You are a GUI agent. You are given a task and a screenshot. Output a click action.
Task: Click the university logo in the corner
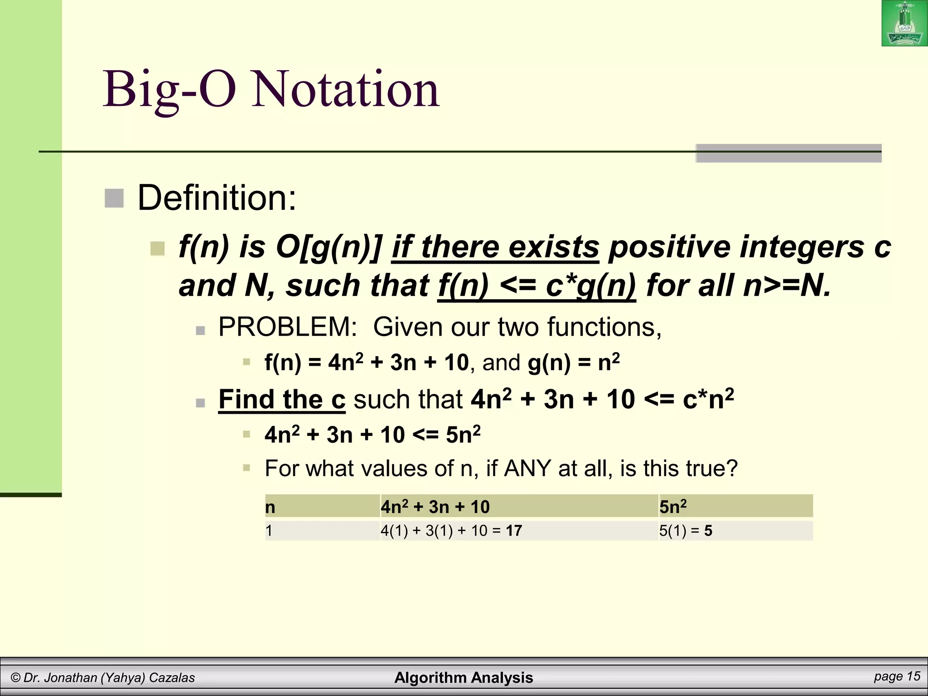coord(904,24)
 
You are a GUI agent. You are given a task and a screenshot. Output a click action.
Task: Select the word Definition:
coord(217,198)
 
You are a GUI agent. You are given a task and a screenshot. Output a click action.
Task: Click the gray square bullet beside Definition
coord(114,198)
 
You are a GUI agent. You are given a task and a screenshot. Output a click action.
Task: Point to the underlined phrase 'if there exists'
coord(495,247)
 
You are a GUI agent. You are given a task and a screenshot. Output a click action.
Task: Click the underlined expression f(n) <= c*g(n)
coord(536,286)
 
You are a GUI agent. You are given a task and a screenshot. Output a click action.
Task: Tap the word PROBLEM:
coord(288,327)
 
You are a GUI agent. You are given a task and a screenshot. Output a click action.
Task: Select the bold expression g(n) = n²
coord(574,362)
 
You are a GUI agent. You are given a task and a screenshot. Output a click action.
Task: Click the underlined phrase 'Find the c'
coord(282,400)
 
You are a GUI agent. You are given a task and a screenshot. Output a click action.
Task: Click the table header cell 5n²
coord(673,506)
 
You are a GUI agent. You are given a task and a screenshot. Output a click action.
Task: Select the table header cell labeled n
coord(271,507)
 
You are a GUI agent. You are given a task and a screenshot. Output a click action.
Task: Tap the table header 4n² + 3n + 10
coord(435,507)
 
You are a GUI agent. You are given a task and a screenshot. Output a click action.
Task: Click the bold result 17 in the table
coord(514,531)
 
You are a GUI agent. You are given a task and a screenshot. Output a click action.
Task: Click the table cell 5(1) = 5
coord(685,531)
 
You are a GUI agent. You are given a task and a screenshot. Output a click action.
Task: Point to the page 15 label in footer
coord(897,677)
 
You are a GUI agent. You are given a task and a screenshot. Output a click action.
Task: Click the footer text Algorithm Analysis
coord(464,677)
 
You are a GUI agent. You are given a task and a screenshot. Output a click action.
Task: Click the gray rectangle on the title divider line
coord(788,153)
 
